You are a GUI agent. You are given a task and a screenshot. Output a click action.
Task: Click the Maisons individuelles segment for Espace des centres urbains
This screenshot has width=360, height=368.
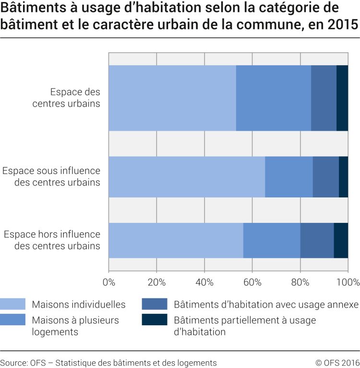172,98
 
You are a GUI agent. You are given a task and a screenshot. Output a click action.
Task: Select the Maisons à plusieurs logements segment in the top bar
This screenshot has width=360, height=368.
274,98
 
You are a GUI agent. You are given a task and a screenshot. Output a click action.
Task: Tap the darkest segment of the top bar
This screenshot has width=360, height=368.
342,98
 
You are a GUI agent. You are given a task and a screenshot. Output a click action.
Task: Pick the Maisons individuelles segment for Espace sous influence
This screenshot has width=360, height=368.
187,177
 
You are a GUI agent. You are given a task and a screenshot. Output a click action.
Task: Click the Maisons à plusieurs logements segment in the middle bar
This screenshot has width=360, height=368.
288,177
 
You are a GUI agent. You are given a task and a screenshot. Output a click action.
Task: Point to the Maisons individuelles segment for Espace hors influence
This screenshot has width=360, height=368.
176,241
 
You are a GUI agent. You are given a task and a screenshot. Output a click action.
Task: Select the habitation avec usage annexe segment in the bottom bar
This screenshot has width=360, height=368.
317,241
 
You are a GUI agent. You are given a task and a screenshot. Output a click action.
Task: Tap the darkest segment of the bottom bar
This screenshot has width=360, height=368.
341,241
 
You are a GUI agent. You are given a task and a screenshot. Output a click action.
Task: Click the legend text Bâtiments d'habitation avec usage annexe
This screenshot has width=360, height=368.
266,305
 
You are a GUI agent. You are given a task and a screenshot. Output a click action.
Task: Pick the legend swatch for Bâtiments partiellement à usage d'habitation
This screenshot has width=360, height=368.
155,319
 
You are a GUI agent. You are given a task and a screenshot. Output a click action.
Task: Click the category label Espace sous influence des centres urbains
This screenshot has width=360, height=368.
51,176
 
